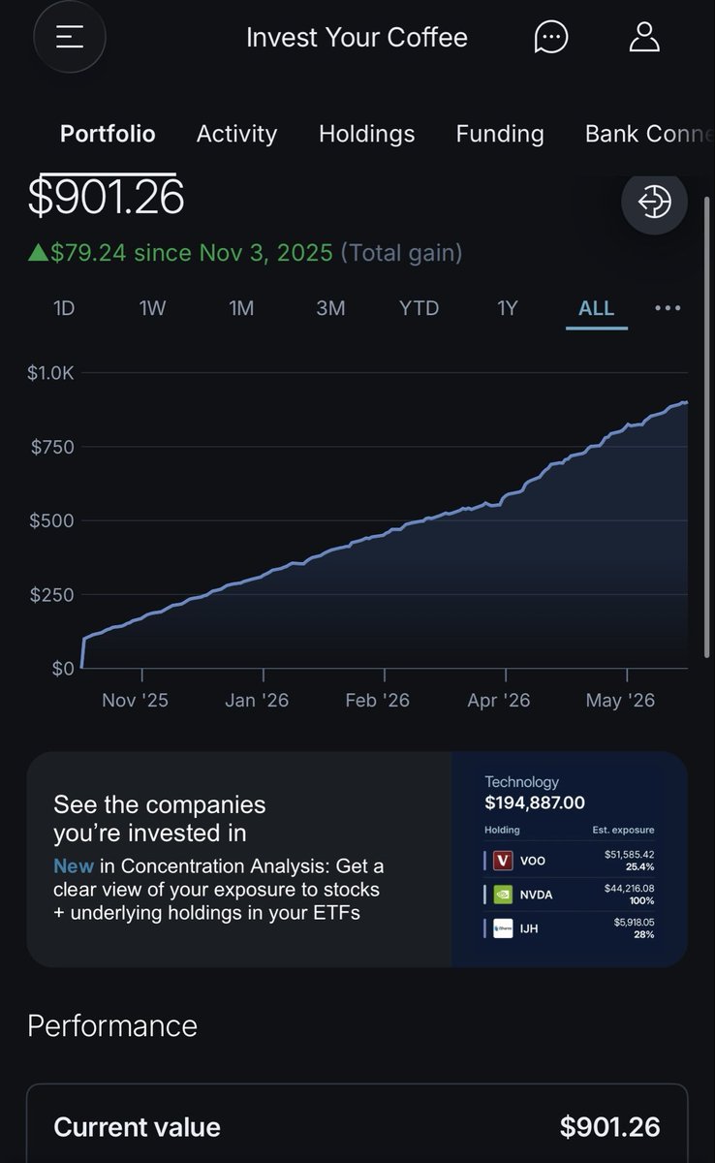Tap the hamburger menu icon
70,37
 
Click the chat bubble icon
551,37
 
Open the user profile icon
644,37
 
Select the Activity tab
236,134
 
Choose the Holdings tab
367,134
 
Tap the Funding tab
500,134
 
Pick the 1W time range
152,308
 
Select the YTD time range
419,308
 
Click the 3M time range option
330,308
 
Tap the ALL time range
596,308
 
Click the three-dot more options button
668,308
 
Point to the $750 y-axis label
52,447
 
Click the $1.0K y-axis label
50,373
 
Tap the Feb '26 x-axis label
377,701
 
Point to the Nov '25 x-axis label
135,701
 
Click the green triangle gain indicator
38,253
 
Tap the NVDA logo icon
503,895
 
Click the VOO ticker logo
503,861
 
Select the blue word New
74,866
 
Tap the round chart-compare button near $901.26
654,202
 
